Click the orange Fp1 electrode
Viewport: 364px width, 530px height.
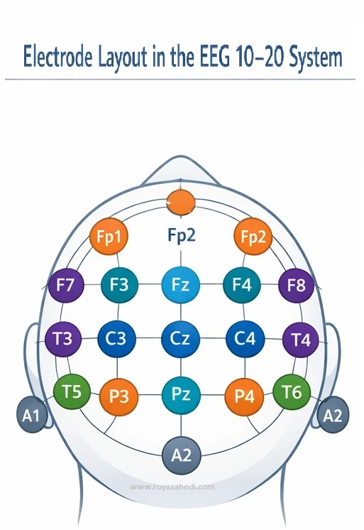click(109, 236)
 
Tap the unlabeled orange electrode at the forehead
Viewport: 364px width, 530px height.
click(181, 202)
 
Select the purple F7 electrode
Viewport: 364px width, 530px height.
click(65, 285)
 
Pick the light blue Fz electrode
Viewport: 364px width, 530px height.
click(181, 284)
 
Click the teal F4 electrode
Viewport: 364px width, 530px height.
click(242, 285)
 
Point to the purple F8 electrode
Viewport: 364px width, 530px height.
click(296, 286)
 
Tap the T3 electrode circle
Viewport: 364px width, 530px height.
click(63, 339)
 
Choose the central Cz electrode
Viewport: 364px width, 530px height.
click(181, 339)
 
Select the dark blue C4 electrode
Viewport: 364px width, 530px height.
click(245, 339)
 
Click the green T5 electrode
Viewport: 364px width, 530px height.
click(72, 391)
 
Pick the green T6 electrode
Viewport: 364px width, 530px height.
click(292, 391)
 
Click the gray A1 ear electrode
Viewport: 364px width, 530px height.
click(32, 415)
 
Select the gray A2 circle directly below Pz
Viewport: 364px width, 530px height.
click(182, 455)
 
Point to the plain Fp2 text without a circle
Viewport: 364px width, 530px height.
click(182, 235)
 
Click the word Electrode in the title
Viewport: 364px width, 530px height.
click(57, 56)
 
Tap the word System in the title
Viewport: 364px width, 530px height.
click(315, 57)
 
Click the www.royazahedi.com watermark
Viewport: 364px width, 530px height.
click(172, 487)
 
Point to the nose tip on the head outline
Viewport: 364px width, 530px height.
click(181, 156)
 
